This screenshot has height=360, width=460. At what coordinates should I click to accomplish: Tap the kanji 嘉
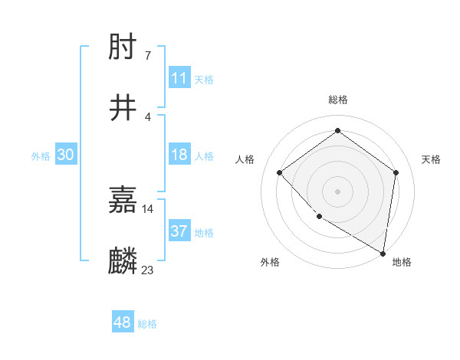coord(123,201)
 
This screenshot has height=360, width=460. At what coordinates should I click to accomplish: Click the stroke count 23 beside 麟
coord(147,270)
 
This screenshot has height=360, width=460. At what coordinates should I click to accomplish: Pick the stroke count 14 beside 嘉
coord(147,208)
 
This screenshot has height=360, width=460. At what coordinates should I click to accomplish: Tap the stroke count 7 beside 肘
coord(147,55)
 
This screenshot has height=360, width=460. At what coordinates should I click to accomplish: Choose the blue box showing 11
coord(179,78)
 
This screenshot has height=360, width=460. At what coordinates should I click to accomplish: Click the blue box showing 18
coord(179,155)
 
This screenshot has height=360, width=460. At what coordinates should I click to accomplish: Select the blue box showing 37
coord(179,231)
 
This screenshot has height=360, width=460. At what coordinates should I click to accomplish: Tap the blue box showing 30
coord(66,155)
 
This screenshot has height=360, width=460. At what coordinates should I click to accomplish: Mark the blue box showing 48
coord(123,323)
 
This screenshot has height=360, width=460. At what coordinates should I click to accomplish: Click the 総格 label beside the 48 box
coord(147,324)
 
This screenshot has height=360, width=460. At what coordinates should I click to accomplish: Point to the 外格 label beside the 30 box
coord(41,155)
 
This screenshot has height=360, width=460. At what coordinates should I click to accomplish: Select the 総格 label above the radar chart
coord(337,100)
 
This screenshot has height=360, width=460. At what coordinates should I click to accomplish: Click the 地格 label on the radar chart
coord(402,262)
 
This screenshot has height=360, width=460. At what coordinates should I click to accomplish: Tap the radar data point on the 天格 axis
coord(396,172)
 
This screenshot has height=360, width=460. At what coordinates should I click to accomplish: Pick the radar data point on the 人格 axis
coord(280,172)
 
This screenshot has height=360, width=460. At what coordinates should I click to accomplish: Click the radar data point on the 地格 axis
coord(383,253)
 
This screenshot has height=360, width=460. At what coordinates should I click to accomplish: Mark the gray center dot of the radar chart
coord(337,191)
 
